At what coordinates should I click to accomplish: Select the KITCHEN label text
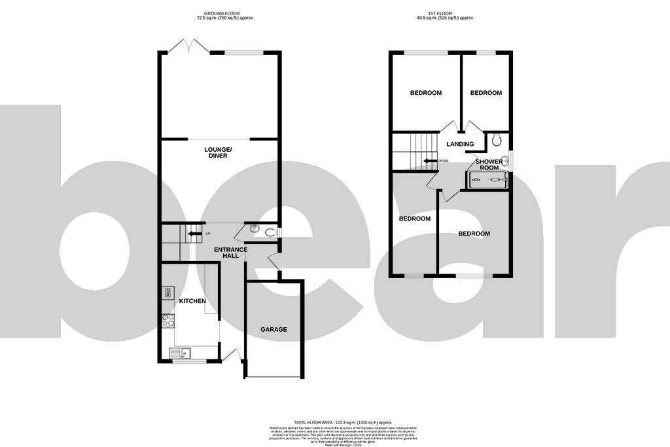192,301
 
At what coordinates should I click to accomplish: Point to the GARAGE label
273,329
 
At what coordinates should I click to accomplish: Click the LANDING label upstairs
460,145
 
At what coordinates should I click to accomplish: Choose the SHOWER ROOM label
489,164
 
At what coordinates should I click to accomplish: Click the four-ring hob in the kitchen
168,321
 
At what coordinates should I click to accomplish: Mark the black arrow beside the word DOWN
430,161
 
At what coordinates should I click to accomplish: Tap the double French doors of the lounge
189,46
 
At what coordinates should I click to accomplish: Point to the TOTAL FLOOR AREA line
342,423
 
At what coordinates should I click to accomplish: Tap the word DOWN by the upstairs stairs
444,161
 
